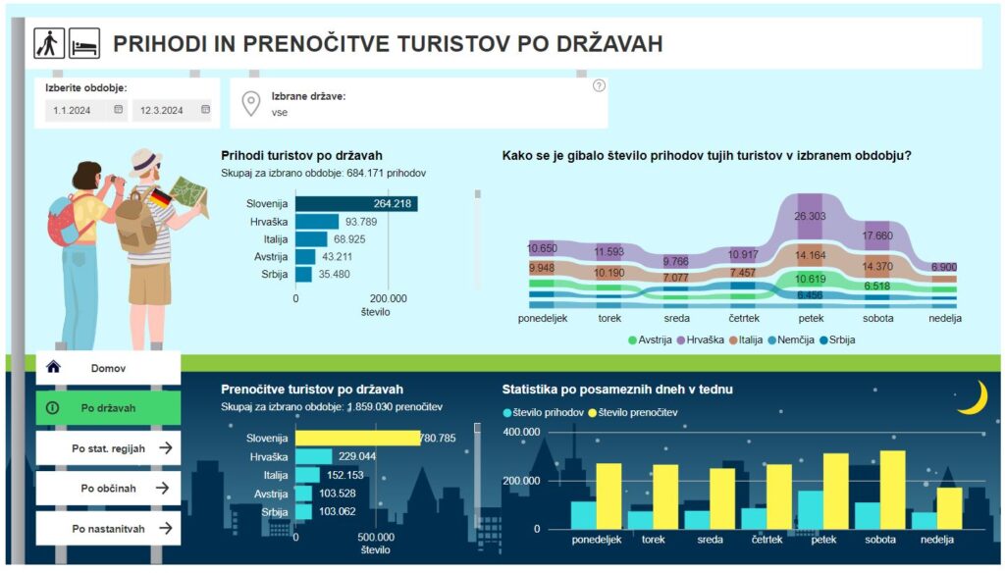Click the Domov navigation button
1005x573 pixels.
108,368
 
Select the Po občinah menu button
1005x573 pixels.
108,488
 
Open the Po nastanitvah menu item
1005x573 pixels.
108,528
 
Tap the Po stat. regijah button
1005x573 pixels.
108,448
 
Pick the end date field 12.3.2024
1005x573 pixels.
172,110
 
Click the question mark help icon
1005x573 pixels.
599,86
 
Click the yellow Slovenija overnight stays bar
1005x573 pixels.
357,439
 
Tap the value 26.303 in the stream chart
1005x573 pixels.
810,216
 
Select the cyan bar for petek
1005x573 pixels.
811,509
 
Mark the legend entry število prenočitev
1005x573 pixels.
633,412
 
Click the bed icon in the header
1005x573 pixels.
83,43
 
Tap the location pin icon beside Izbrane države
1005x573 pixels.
251,103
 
